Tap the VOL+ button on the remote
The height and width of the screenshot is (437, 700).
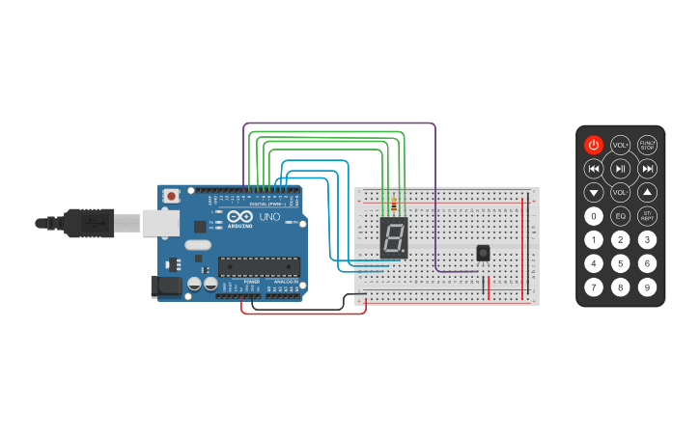(620, 145)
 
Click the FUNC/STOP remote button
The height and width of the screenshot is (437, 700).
(647, 145)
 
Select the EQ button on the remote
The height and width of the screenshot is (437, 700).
(620, 216)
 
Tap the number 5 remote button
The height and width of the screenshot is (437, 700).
(620, 263)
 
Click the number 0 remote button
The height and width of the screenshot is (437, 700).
(594, 216)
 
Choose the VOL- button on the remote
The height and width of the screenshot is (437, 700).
(620, 192)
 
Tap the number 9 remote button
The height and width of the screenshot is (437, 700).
(647, 287)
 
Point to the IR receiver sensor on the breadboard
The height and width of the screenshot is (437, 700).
(483, 253)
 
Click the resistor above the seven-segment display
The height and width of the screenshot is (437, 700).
(394, 205)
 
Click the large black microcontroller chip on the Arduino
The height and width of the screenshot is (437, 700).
(256, 266)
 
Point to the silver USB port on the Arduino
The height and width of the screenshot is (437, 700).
(159, 224)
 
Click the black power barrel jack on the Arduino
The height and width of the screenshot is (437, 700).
(166, 286)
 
